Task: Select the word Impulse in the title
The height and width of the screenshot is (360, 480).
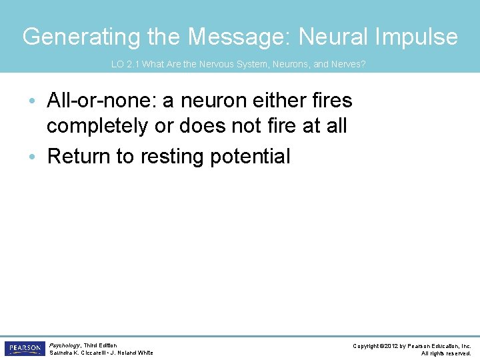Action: [x=417, y=37]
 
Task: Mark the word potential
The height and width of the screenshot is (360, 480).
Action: [x=250, y=157]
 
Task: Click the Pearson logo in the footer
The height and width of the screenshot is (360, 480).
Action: [x=24, y=348]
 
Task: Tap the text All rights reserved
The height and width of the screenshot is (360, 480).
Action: [x=446, y=353]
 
